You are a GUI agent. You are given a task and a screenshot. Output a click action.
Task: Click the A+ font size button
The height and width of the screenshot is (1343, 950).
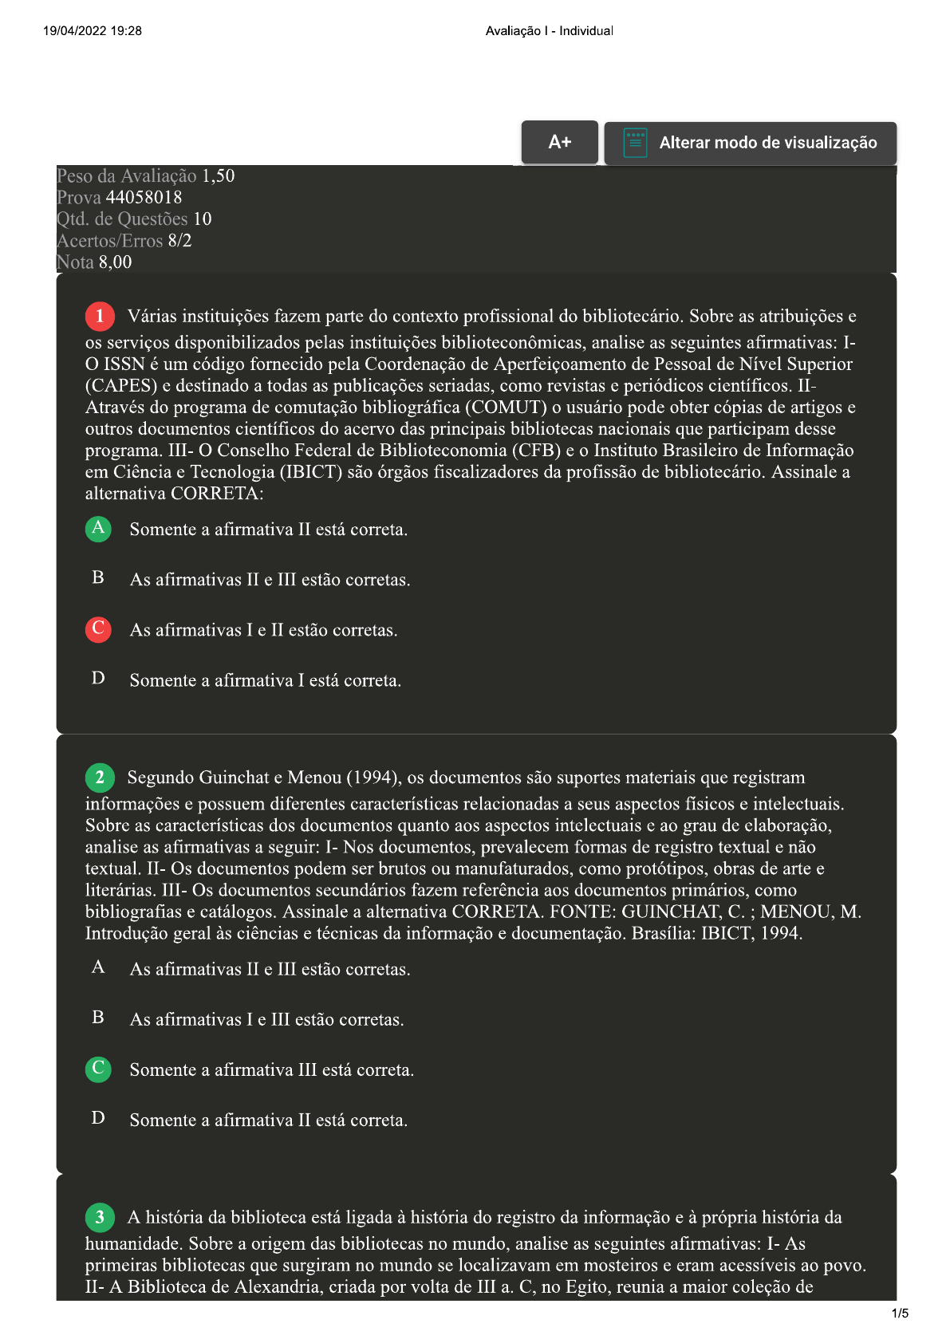click(x=559, y=143)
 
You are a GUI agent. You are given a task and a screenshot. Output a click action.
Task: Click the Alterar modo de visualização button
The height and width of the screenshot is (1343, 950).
click(x=750, y=144)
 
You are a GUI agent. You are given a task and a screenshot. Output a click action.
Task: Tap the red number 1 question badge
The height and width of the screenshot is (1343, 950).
click(x=100, y=317)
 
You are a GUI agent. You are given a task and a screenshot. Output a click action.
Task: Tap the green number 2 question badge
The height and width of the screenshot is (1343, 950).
click(x=100, y=778)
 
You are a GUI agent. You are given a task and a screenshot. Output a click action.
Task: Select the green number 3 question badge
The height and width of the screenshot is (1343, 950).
click(x=100, y=1217)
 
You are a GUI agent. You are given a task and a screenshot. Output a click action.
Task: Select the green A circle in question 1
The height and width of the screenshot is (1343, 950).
click(x=98, y=529)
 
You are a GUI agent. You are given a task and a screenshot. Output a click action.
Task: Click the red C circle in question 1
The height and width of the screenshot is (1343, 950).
click(x=98, y=629)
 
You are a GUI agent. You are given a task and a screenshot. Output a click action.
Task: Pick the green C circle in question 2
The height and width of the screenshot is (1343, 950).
click(x=98, y=1069)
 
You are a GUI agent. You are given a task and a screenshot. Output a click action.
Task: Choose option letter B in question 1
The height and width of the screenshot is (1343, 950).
click(x=98, y=578)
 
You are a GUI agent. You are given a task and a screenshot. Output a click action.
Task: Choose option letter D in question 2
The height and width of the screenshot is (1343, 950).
click(x=98, y=1118)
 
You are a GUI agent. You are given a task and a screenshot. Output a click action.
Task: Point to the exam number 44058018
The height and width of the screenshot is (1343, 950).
click(x=144, y=198)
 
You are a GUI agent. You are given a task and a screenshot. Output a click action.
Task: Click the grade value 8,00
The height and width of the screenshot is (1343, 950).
click(x=115, y=262)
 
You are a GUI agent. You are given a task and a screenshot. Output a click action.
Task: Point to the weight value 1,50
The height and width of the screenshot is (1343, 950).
click(x=218, y=176)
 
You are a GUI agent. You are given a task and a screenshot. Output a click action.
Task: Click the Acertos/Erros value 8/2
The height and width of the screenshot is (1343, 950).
click(x=179, y=241)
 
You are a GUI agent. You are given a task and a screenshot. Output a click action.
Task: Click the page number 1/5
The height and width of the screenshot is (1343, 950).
click(x=900, y=1313)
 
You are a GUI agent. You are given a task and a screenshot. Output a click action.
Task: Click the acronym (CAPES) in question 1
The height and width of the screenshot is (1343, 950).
click(x=121, y=386)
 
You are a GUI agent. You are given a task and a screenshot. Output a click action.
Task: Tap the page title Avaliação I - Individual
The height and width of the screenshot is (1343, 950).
click(x=549, y=31)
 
